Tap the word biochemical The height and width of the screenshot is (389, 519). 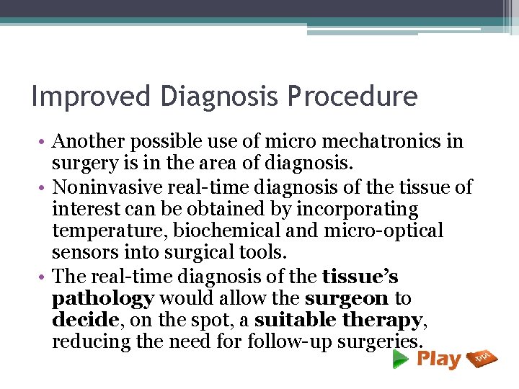(x=223, y=231)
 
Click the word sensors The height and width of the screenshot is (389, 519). (x=82, y=253)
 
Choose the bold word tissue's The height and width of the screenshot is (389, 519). (x=360, y=276)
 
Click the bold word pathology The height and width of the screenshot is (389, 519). (x=103, y=298)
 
